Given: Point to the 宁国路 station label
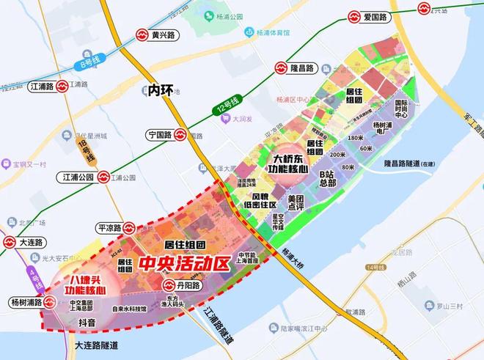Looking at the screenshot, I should [167, 136].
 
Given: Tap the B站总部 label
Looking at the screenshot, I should [326, 178].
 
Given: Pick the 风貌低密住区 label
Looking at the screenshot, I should [265, 201].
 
